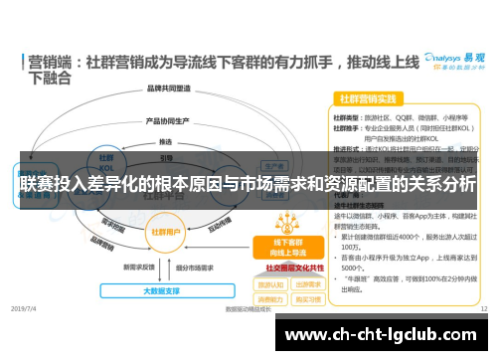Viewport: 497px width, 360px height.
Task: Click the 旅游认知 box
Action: point(269,282)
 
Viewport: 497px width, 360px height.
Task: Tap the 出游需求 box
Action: point(307,282)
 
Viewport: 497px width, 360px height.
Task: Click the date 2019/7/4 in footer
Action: point(23,310)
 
